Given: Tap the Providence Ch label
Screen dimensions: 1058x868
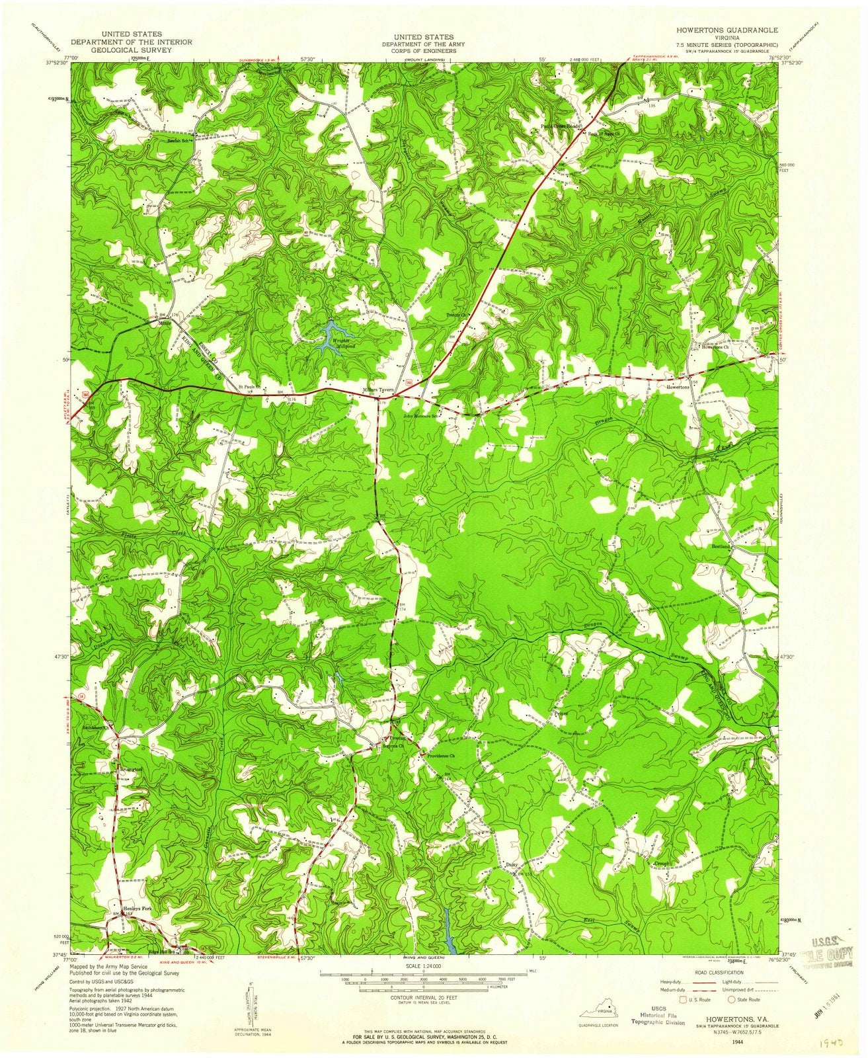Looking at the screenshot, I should (441, 755).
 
